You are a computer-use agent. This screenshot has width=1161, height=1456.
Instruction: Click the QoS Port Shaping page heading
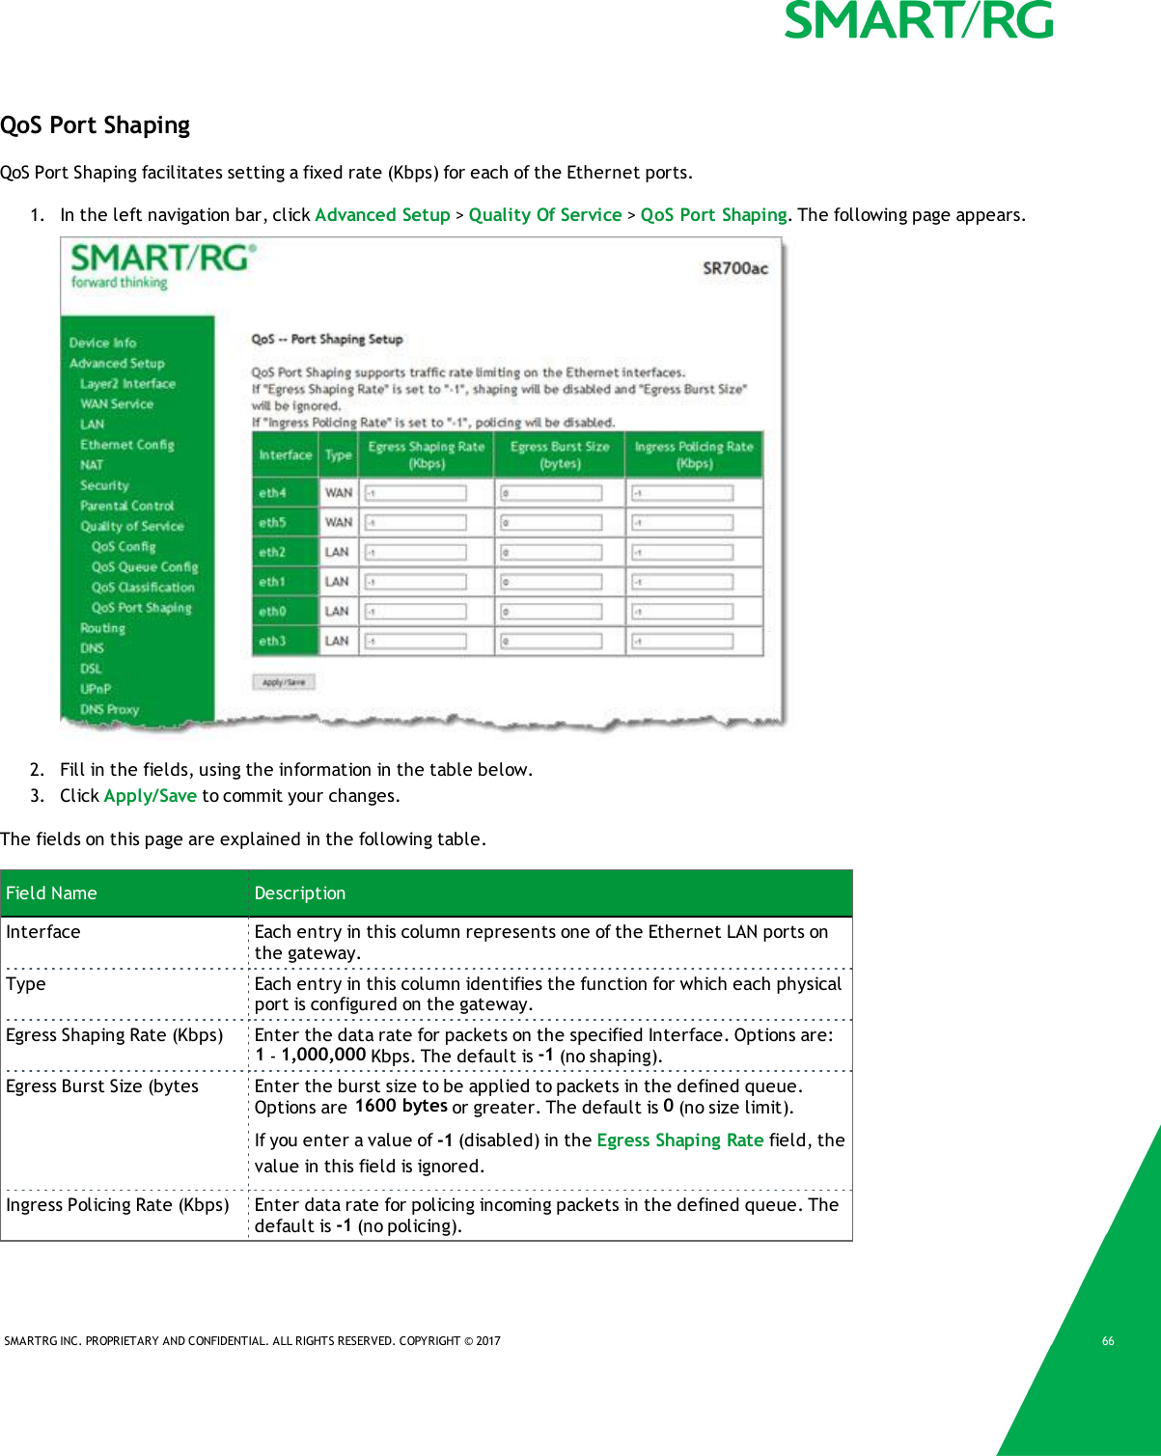(x=96, y=125)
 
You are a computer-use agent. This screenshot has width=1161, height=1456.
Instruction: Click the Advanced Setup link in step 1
(x=382, y=215)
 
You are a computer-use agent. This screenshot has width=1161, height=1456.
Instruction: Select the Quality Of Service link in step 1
(x=545, y=215)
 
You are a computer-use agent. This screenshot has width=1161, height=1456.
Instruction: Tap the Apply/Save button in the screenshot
(x=284, y=682)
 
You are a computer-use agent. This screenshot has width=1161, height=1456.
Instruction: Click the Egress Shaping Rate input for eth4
(x=416, y=493)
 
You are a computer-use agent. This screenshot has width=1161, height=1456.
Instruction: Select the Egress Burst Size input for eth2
(x=551, y=553)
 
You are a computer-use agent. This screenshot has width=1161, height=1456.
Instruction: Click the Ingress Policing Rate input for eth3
(x=682, y=642)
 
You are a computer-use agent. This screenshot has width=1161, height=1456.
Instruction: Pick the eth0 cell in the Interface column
(x=272, y=612)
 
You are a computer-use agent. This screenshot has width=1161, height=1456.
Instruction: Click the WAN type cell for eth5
(x=338, y=523)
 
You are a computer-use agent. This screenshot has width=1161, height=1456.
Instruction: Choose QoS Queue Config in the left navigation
(x=145, y=567)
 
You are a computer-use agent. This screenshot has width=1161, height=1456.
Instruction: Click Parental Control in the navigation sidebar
(x=127, y=506)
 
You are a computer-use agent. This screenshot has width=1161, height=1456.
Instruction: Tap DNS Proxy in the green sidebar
(x=109, y=709)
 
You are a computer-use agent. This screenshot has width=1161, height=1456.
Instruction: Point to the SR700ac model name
(x=734, y=268)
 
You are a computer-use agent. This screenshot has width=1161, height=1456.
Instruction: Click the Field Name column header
(x=52, y=893)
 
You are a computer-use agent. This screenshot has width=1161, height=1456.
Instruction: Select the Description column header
(x=300, y=893)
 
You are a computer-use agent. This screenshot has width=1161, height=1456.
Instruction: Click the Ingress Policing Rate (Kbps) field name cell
(x=118, y=1205)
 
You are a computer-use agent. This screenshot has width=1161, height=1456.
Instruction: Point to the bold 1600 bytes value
(x=401, y=1106)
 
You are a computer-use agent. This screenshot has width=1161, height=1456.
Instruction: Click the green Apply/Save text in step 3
(x=151, y=796)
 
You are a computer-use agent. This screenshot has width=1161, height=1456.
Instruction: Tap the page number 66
(x=1108, y=1341)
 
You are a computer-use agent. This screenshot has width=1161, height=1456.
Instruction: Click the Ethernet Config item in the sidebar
(x=127, y=445)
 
